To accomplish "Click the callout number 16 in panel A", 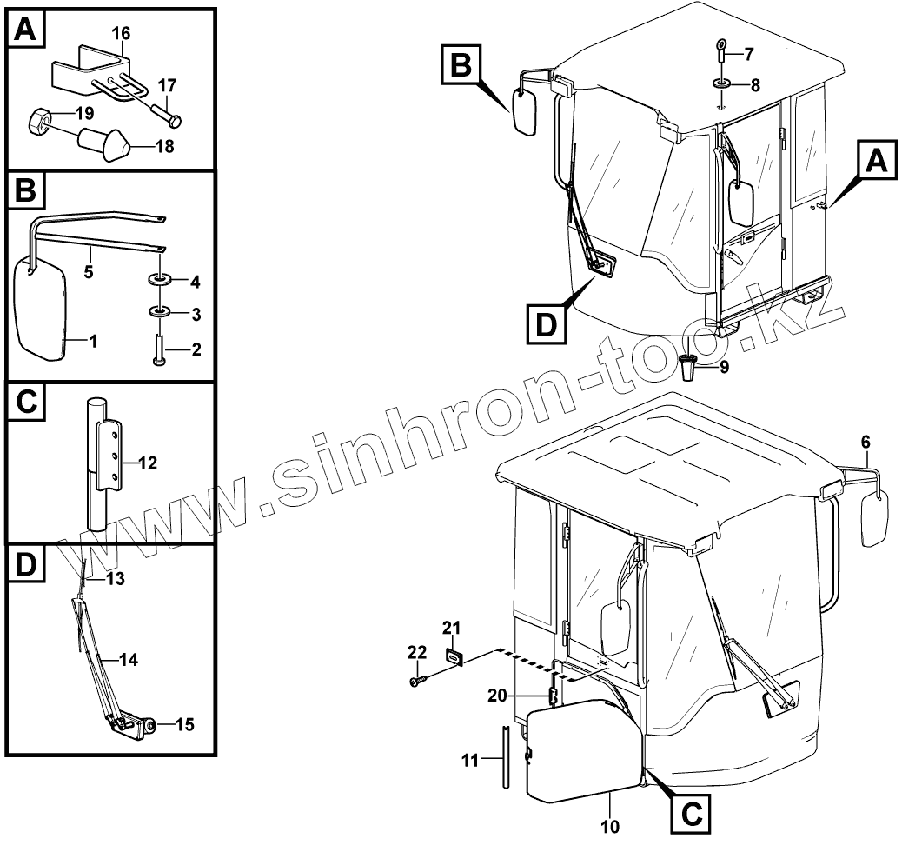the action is click(121, 33).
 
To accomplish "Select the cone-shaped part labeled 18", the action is click(103, 143).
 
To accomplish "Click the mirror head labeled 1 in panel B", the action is click(42, 309).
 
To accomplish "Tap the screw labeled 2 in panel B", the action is click(160, 350).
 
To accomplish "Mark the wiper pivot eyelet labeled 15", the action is click(150, 723).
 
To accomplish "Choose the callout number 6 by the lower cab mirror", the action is click(865, 442).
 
